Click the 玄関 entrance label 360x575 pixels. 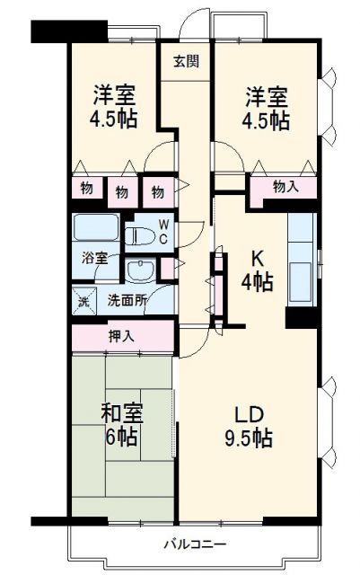[x=186, y=62]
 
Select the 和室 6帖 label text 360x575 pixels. [x=119, y=425]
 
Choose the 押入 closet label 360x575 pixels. [x=121, y=337]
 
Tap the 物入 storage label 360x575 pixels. [x=285, y=187]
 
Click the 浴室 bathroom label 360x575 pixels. [x=96, y=259]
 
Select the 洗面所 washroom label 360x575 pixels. [x=126, y=301]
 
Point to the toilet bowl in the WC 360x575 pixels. [x=139, y=236]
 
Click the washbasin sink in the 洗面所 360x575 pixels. [x=141, y=270]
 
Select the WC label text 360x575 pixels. [x=163, y=232]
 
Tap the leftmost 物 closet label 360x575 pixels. [x=85, y=190]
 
